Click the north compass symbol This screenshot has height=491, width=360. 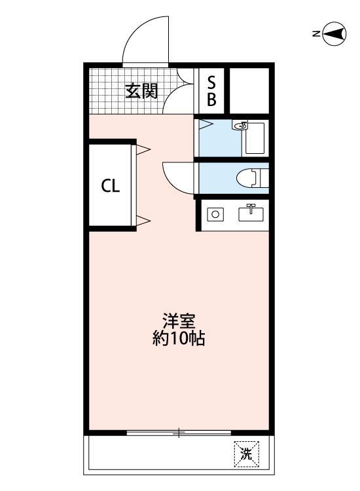[334, 33]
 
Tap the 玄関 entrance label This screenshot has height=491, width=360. [141, 92]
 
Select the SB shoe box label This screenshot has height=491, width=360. [211, 91]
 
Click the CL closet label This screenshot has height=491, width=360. [110, 186]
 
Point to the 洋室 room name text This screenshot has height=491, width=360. [179, 320]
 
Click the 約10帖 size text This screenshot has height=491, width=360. [179, 338]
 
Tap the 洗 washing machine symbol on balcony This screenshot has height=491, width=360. [246, 454]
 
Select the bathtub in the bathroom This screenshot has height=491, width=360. [255, 138]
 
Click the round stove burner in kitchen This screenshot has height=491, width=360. [215, 215]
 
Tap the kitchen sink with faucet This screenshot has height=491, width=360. [251, 213]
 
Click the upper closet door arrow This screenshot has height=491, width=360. [143, 149]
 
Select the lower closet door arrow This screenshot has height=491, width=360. [143, 220]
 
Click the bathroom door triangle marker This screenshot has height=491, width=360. [206, 124]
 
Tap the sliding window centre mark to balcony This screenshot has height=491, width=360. [179, 433]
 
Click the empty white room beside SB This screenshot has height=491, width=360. [249, 91]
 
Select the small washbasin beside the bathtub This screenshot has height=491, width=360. [240, 125]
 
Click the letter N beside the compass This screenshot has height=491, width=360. [316, 33]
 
